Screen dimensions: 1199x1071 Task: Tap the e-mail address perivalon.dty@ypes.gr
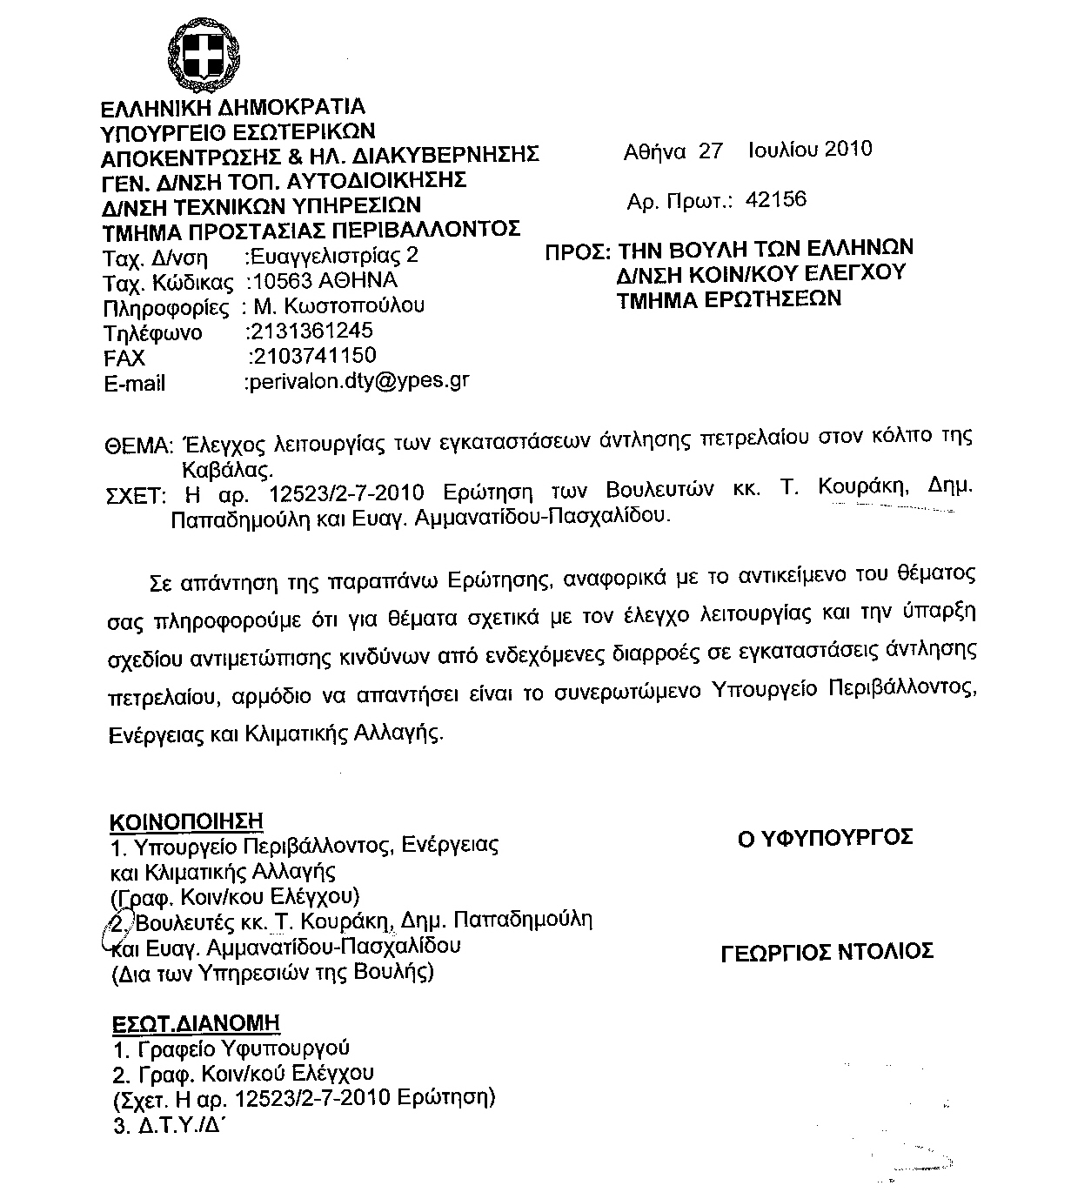358,381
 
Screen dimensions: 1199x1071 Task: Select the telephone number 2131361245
311,331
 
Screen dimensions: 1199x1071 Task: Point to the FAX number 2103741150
313,356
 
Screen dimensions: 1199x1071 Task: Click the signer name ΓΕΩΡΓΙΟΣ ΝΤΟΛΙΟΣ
827,951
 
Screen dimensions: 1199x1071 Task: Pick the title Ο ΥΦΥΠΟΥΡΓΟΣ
825,838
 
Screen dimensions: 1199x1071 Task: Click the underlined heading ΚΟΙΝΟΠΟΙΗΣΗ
186,821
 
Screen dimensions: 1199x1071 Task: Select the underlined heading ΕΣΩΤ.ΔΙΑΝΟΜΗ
196,1023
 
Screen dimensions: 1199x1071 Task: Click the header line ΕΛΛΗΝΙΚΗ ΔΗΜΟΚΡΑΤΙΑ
233,108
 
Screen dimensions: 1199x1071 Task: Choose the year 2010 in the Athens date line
847,150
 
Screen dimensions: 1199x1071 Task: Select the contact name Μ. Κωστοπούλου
340,306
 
